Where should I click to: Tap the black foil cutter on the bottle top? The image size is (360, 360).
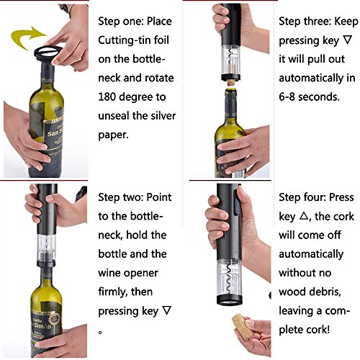tap(48, 53)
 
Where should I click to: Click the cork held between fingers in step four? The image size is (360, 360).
tap(242, 327)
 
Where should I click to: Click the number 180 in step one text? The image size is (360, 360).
tap(107, 96)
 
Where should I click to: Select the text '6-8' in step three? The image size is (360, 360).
tap(287, 96)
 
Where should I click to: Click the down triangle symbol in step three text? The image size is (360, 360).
tap(348, 40)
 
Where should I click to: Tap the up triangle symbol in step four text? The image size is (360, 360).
tap(304, 216)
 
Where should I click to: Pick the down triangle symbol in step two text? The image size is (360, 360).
tap(166, 310)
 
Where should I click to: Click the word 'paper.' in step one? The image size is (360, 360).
tap(113, 135)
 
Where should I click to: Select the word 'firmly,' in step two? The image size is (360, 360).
tap(113, 292)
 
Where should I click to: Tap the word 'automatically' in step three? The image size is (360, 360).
tap(311, 78)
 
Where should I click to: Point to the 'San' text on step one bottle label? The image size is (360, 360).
tap(53, 133)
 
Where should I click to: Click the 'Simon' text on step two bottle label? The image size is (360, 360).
tap(42, 325)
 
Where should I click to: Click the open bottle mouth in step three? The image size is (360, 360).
tap(230, 91)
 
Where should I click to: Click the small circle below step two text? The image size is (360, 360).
tap(100, 333)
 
